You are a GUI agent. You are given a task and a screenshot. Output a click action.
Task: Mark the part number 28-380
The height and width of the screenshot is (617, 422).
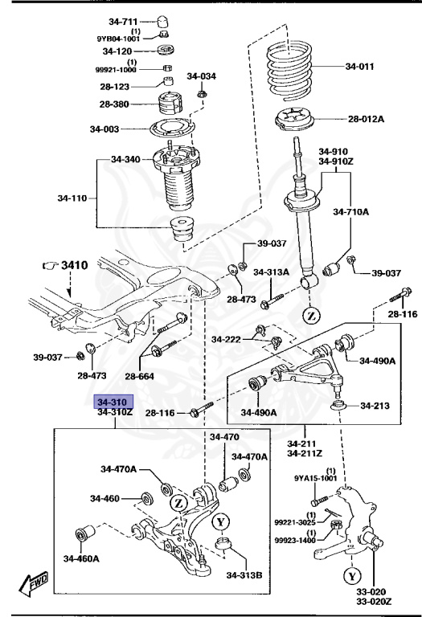coord(116,104)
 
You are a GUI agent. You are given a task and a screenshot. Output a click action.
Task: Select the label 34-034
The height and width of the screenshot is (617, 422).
coord(202,77)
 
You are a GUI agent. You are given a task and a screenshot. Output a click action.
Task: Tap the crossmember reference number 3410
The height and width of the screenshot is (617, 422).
coord(75,263)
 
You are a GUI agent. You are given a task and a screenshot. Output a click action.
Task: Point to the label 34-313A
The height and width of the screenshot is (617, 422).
coord(271,272)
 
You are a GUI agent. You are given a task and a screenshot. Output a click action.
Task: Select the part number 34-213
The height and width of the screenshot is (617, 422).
coord(374,406)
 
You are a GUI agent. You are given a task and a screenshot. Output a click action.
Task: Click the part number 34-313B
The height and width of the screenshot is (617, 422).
coord(244,574)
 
